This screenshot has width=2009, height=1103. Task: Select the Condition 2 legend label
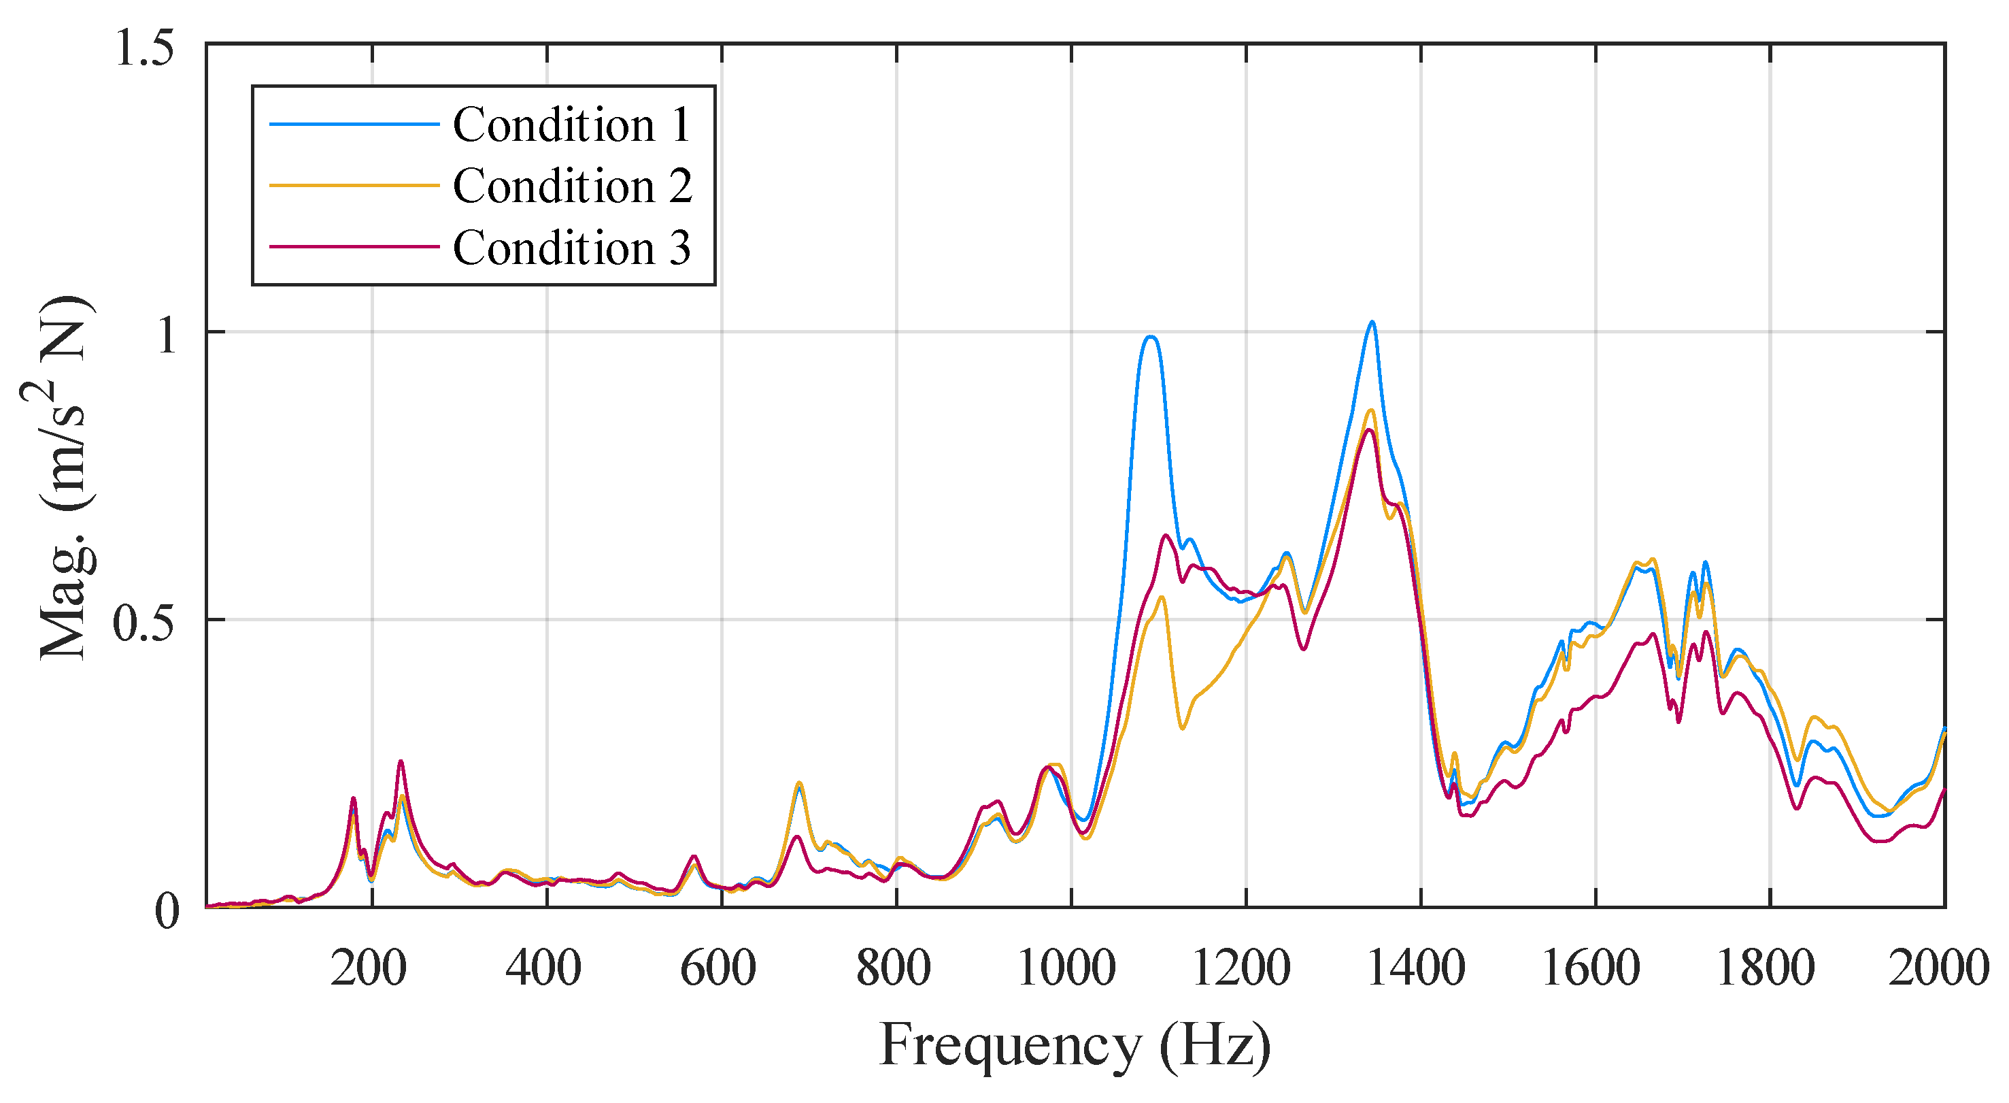point(572,186)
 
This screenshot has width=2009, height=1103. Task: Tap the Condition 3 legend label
point(572,248)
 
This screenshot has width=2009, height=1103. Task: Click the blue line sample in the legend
point(354,124)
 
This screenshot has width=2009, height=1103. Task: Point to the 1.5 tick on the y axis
point(144,48)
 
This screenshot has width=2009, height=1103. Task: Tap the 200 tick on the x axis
point(368,968)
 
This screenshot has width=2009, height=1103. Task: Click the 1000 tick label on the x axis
point(1067,968)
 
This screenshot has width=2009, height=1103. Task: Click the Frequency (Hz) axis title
point(1075,1045)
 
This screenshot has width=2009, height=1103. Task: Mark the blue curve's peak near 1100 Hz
point(1150,336)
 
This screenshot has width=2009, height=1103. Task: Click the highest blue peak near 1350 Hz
point(1372,321)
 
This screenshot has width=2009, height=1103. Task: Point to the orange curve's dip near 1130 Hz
point(1182,729)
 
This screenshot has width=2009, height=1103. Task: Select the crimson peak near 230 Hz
point(400,761)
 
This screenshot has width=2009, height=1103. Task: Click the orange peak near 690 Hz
point(798,783)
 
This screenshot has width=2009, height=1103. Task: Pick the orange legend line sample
point(354,186)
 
